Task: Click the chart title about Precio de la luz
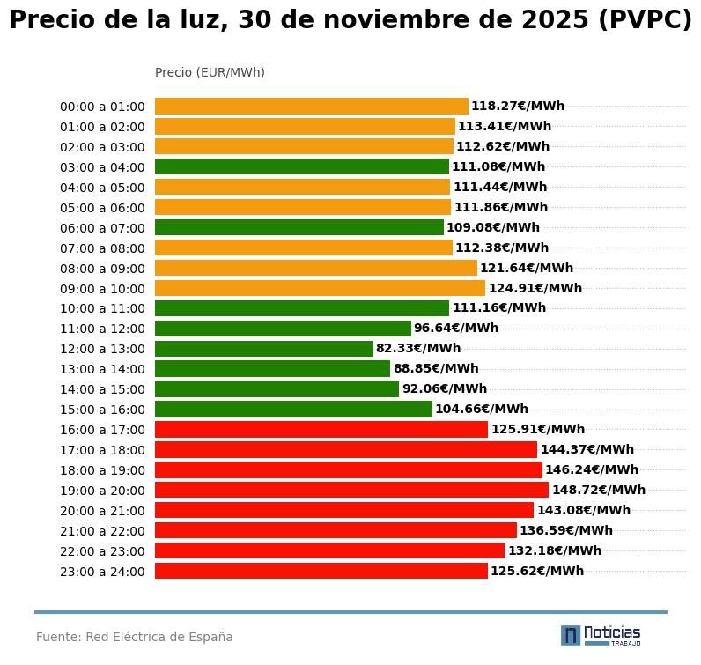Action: click(350, 21)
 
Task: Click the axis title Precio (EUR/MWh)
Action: click(210, 72)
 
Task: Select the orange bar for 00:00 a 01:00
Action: click(311, 107)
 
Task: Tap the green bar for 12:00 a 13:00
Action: click(263, 349)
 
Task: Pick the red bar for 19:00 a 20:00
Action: click(351, 490)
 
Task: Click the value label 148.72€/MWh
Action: click(598, 490)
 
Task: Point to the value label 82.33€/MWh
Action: click(418, 349)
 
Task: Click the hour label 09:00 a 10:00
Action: click(102, 289)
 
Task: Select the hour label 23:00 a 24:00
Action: click(102, 572)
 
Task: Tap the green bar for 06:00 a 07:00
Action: click(299, 227)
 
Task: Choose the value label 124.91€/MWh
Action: click(535, 288)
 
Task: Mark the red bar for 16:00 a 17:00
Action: click(321, 430)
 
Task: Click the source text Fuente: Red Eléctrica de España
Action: click(135, 637)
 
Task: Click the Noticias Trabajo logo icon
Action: click(571, 635)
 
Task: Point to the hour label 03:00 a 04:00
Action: click(102, 167)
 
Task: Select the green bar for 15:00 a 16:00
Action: click(293, 410)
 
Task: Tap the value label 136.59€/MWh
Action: click(565, 530)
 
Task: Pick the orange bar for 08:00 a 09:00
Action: click(315, 268)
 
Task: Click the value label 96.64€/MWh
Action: click(455, 329)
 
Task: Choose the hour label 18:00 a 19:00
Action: click(102, 470)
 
